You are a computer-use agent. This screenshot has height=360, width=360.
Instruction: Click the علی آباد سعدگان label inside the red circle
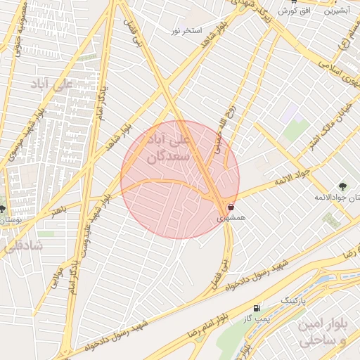pyautogui.click(x=166, y=148)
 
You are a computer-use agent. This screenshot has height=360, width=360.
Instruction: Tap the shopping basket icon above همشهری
pyautogui.click(x=231, y=208)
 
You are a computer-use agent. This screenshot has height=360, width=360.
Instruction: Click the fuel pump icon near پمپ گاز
pyautogui.click(x=256, y=307)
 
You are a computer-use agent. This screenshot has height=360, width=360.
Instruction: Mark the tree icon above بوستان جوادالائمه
pyautogui.click(x=342, y=186)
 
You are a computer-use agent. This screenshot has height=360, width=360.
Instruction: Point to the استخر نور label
pyautogui.click(x=187, y=31)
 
